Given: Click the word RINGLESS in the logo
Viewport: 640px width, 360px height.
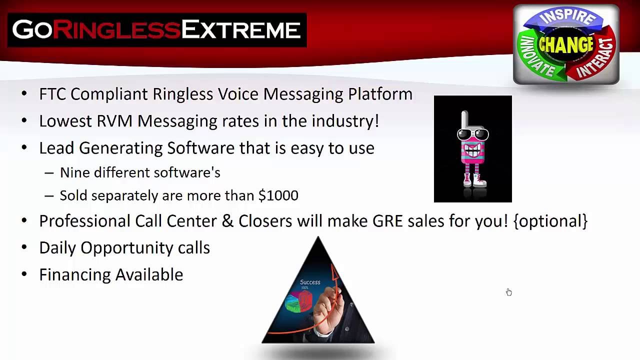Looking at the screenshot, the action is [117, 29].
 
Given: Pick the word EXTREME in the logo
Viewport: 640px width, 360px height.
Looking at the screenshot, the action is [241, 29].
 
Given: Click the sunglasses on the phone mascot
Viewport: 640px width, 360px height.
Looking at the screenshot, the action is [473, 134].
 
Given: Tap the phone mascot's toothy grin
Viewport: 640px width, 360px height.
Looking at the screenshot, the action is [473, 150].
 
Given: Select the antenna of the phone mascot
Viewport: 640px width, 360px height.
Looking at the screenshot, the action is [464, 120].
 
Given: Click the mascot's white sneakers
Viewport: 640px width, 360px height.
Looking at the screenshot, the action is [474, 181].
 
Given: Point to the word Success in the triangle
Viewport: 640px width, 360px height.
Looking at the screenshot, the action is [310, 282].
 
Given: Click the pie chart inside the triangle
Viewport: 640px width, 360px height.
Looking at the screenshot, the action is [298, 301].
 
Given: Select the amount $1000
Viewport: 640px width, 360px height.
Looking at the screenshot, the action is [278, 195].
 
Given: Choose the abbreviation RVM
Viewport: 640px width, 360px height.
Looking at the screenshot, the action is [114, 121].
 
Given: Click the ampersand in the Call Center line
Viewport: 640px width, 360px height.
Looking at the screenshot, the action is [227, 221].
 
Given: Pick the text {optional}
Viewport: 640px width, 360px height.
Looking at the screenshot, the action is [550, 221].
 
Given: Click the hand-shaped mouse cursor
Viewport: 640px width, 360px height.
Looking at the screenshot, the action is [508, 292].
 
